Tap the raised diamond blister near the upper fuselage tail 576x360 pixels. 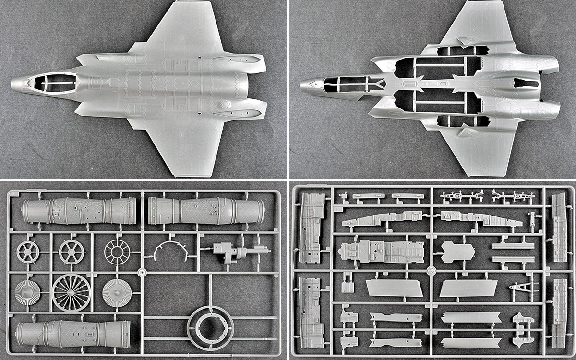pos(225,105)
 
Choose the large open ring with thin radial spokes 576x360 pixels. pos(72,292)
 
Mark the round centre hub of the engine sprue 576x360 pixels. pos(141,273)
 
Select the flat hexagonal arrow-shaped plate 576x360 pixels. pos(457,252)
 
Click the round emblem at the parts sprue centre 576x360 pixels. pos(431,270)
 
